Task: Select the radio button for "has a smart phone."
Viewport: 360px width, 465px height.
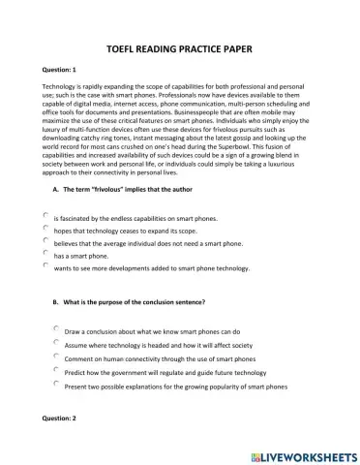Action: click(45, 252)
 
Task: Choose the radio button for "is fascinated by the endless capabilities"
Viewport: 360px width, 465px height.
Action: click(45, 216)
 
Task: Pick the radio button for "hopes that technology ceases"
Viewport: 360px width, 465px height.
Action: click(45, 229)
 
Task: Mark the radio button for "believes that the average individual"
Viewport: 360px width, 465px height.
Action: click(45, 240)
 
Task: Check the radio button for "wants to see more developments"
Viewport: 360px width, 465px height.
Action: click(45, 264)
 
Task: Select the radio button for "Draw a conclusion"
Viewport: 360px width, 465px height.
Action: click(56, 328)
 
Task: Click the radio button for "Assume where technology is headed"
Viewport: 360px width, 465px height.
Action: click(56, 342)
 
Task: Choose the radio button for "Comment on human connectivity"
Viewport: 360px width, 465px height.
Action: click(56, 356)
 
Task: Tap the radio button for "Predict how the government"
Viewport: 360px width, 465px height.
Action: click(56, 369)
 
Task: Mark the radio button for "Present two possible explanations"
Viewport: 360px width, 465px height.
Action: click(56, 383)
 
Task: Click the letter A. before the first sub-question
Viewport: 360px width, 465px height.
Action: click(56, 196)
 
